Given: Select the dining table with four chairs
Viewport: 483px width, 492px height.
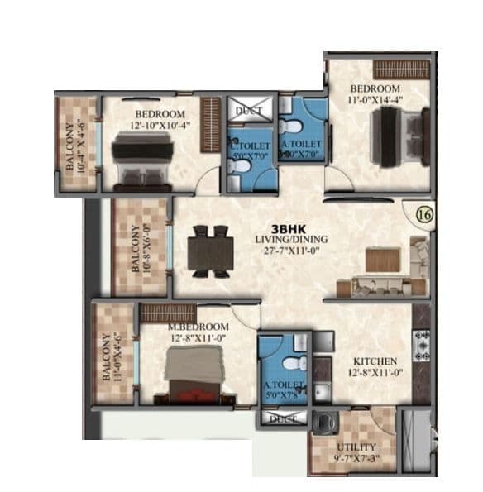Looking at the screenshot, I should click(x=208, y=251).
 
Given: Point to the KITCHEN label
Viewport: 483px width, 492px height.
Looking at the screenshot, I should click(x=376, y=362).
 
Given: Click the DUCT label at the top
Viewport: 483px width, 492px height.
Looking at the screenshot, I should click(x=246, y=109).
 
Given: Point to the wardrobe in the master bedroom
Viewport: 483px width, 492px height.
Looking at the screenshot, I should click(x=162, y=313).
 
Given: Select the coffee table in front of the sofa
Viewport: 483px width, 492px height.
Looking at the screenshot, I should click(x=383, y=260).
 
